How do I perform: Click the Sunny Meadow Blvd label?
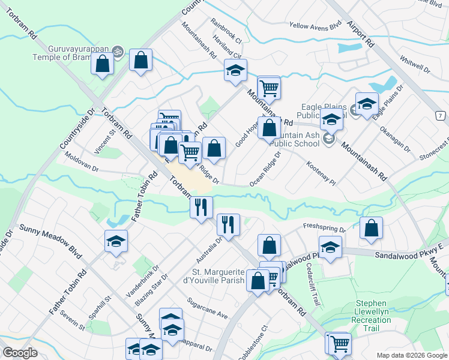(x=50, y=238)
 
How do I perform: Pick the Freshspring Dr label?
(x=325, y=228)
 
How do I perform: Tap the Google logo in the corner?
(x=20, y=353)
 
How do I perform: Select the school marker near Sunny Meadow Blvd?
(x=116, y=242)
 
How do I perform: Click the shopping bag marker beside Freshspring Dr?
(x=372, y=229)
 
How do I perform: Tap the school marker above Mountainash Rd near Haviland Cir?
(x=235, y=70)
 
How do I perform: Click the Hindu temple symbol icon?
(x=118, y=52)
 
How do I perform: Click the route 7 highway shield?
(x=441, y=115)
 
